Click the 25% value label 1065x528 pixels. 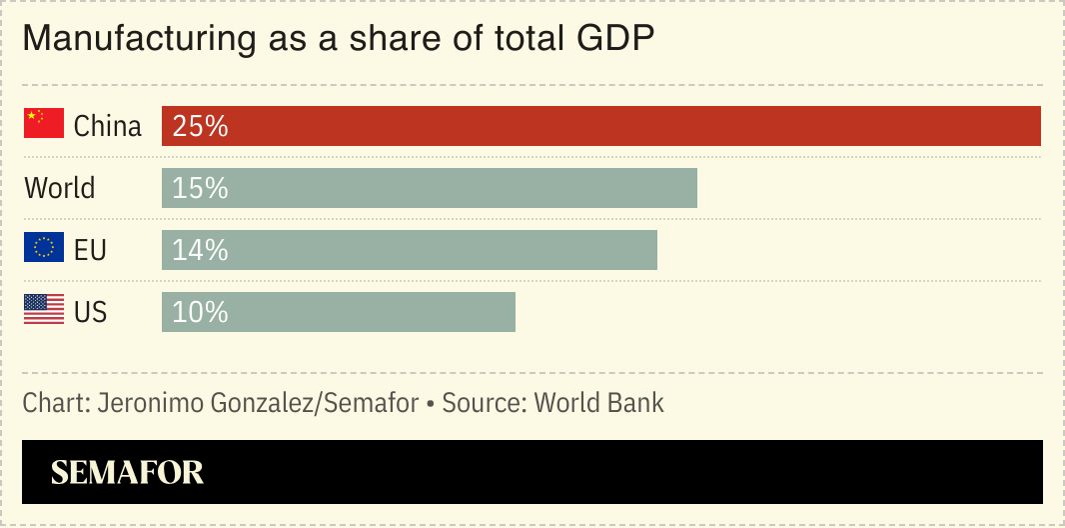pyautogui.click(x=200, y=127)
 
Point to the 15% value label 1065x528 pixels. pyautogui.click(x=200, y=189)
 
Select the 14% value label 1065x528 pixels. pyautogui.click(x=200, y=251)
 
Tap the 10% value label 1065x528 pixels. pyautogui.click(x=200, y=313)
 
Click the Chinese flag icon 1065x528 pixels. pyautogui.click(x=44, y=124)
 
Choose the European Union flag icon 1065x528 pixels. pyautogui.click(x=44, y=248)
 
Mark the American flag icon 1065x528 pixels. pyautogui.click(x=44, y=310)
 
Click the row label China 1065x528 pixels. pyautogui.click(x=108, y=127)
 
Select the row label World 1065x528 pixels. pyautogui.click(x=60, y=189)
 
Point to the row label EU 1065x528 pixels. pyautogui.click(x=90, y=251)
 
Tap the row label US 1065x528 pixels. pyautogui.click(x=90, y=313)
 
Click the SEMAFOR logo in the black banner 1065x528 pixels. pyautogui.click(x=127, y=472)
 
